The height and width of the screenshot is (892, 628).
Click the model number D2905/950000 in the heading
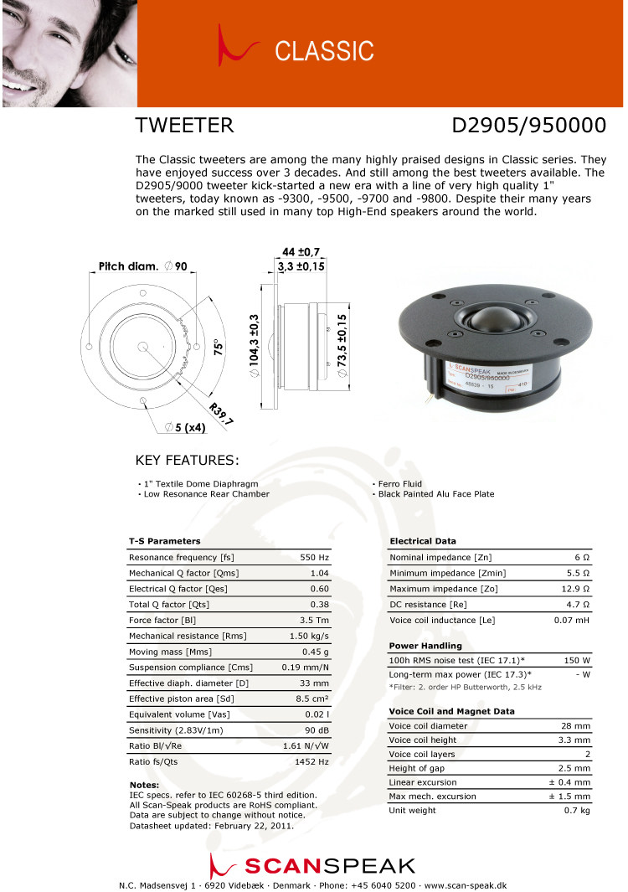point(528,126)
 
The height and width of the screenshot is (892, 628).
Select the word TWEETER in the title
point(184,126)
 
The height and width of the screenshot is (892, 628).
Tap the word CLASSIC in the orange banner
point(324,51)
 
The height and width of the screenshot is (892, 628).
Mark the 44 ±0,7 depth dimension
point(301,252)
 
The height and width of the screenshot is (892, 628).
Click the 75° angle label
point(215,348)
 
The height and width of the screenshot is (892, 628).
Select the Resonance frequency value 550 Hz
point(314,557)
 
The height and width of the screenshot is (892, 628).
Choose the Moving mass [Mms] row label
point(170,652)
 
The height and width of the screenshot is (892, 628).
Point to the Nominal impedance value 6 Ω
point(582,557)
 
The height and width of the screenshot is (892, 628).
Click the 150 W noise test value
point(578,661)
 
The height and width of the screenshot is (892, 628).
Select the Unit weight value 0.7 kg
point(577,810)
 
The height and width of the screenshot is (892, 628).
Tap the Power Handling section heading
point(425,646)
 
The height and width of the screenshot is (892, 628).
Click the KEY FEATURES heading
point(187,461)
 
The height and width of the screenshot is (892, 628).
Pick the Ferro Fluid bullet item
point(400,484)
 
